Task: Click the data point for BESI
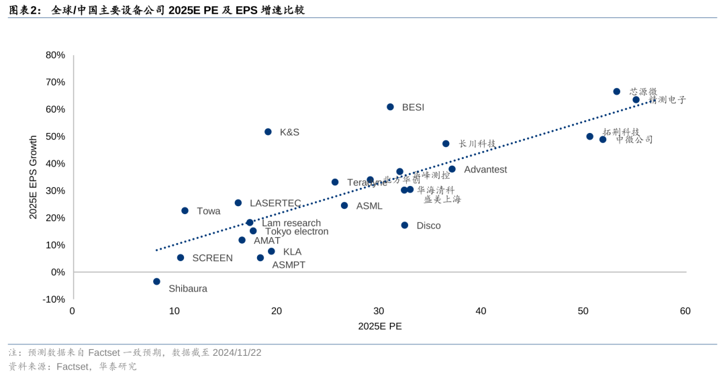coord(390,107)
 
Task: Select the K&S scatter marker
coord(268,132)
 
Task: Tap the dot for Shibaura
coord(156,281)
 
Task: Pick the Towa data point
coord(185,211)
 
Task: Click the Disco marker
coord(405,225)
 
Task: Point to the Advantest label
coord(485,169)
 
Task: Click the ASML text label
coord(369,206)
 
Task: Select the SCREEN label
coord(212,258)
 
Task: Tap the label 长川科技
coord(477,144)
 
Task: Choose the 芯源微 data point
coord(617,91)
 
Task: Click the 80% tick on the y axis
coord(55,55)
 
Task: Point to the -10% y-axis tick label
coord(54,299)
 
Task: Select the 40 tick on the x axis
coord(481,311)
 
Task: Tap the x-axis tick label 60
coord(685,311)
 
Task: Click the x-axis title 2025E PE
coord(380,326)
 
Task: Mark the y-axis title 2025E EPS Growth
coord(33,177)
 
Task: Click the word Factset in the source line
coord(73,367)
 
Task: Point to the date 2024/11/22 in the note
coord(237,352)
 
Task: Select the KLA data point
coord(271,251)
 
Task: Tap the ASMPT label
coord(289,265)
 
